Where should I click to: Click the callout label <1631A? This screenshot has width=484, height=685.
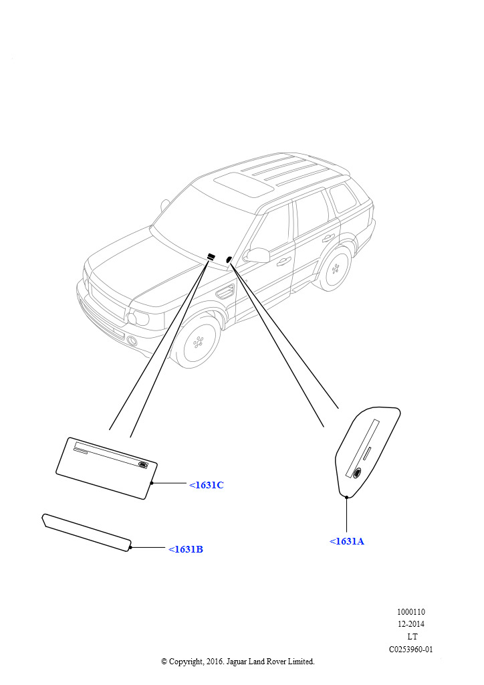point(346,541)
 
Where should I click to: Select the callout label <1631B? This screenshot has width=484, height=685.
point(186,549)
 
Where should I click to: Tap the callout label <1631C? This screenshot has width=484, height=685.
point(207,485)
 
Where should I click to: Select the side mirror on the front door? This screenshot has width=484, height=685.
point(257,255)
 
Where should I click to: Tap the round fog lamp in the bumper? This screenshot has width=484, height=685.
point(132,341)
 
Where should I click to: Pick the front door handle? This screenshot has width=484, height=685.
point(283,262)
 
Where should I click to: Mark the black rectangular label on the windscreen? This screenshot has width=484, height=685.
point(211,256)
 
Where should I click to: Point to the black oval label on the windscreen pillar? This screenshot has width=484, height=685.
point(228,260)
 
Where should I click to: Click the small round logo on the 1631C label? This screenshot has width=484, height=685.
point(142,465)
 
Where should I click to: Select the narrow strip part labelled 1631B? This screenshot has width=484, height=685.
point(86,532)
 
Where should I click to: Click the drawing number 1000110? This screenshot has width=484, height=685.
point(410,612)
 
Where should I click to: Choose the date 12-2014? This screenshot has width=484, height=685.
point(410,624)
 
